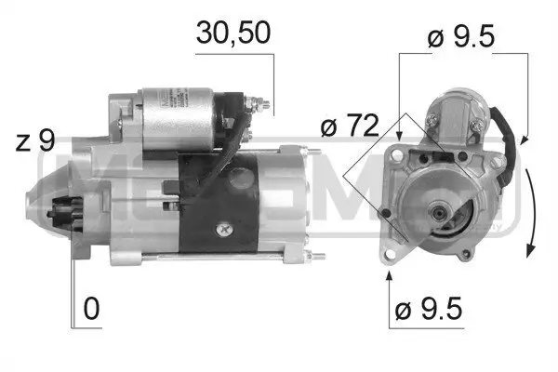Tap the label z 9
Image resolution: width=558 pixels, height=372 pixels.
coord(35,141)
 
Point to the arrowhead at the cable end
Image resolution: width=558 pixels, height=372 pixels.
coord(524,140)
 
